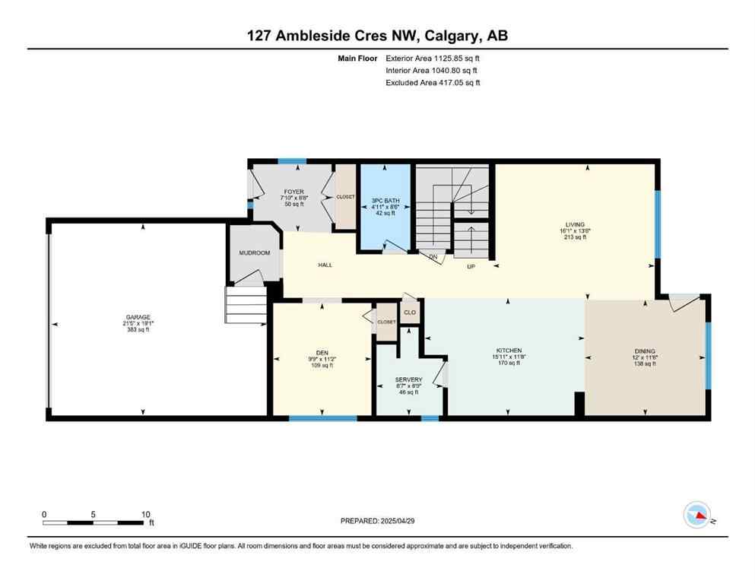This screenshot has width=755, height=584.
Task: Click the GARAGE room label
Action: (x=138, y=316)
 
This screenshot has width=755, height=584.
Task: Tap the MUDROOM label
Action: (x=254, y=252)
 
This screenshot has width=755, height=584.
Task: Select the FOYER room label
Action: (x=293, y=192)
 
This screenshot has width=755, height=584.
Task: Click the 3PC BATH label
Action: (x=385, y=201)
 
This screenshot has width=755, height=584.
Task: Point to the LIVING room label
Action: (x=575, y=224)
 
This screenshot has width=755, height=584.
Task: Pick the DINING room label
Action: (x=645, y=351)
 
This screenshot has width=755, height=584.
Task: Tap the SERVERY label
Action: (x=408, y=379)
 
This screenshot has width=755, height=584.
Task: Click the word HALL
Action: (x=325, y=265)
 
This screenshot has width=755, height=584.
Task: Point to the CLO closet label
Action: (x=410, y=312)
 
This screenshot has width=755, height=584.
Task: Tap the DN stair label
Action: (x=433, y=257)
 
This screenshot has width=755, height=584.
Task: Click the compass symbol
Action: (x=698, y=515)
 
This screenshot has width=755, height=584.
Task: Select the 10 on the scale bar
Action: (x=145, y=514)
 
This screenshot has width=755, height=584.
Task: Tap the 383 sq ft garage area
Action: (x=138, y=329)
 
